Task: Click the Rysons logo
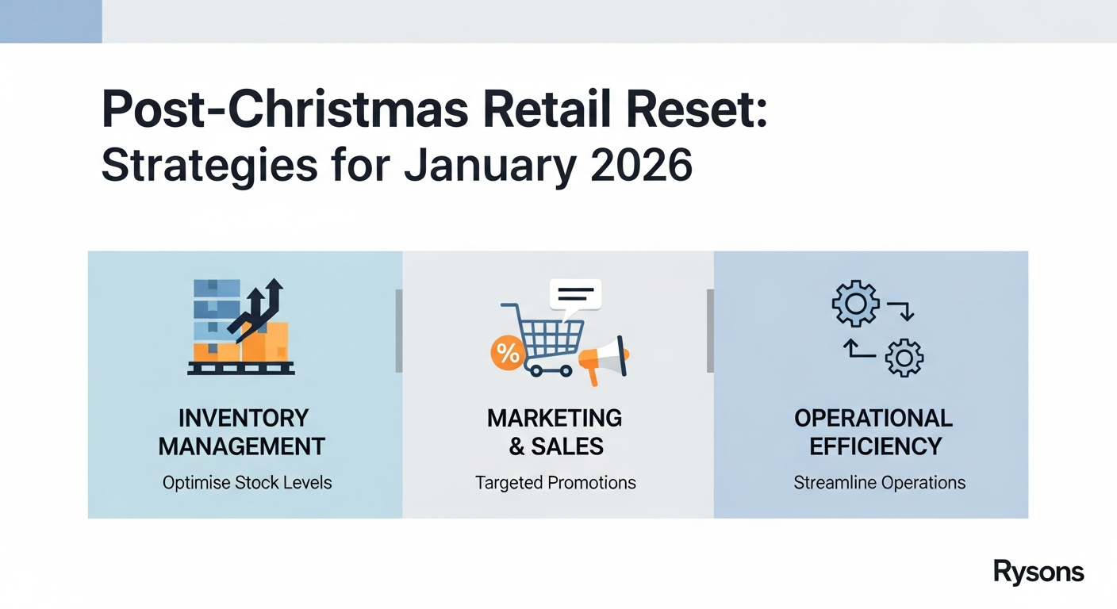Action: coord(1038,571)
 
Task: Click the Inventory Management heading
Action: coord(242,432)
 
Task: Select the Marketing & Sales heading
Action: coord(555,432)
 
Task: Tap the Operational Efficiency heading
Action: coord(873,432)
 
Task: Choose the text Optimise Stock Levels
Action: coord(247,482)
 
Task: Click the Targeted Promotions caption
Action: coord(555,482)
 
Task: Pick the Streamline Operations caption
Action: coord(879,482)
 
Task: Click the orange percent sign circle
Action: coord(507,354)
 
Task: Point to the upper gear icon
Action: coord(855,303)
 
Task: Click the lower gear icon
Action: coord(904,358)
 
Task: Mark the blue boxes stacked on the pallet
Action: coord(217,309)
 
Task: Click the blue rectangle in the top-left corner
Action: coord(51,21)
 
